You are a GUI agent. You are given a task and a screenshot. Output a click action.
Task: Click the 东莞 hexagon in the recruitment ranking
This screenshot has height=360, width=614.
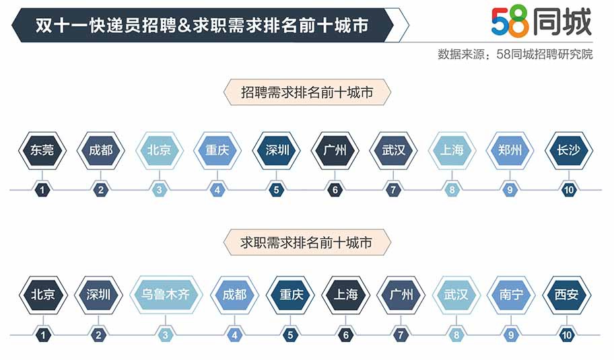42,150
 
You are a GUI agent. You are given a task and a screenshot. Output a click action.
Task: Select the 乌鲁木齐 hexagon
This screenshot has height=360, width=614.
166,295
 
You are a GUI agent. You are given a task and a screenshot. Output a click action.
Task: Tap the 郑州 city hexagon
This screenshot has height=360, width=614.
510,150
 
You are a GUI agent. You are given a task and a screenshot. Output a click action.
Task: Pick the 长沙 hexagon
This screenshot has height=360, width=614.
569,150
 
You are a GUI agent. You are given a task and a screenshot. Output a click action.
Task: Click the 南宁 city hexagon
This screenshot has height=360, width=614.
511,295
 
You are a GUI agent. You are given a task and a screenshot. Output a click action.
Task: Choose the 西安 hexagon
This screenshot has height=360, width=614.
567,295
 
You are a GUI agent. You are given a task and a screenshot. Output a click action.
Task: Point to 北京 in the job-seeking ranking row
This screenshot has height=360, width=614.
43,295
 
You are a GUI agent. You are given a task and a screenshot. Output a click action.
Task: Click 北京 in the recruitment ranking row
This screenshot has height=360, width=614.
160,150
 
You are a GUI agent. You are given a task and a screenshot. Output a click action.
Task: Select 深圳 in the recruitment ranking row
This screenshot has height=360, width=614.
277,150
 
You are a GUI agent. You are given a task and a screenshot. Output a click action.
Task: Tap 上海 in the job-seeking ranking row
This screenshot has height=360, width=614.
346,295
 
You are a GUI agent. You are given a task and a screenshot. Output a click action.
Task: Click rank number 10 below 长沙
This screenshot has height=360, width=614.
569,190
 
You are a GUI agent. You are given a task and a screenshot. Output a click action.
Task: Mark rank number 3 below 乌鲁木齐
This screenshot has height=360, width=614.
165,335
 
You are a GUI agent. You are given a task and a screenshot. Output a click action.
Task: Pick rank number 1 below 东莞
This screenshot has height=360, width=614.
42,190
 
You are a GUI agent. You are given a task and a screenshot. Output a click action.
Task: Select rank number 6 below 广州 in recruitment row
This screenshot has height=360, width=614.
335,190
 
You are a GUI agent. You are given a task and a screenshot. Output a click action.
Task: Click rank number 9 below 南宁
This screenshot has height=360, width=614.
511,335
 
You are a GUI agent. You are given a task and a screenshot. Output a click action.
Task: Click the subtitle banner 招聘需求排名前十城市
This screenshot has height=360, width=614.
307,92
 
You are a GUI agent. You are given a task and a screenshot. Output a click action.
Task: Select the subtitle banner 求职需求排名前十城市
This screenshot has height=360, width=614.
307,243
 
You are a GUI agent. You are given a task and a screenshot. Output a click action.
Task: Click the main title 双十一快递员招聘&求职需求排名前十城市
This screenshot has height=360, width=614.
202,26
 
